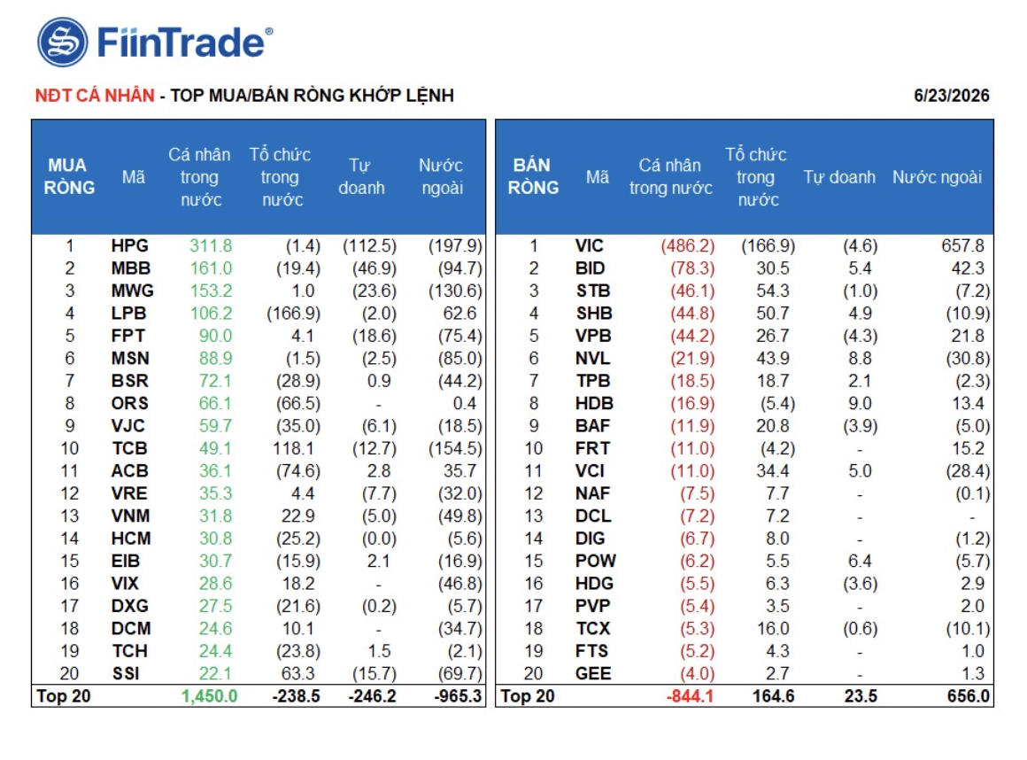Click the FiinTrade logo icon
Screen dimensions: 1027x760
(62, 42)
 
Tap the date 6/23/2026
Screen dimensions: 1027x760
(951, 96)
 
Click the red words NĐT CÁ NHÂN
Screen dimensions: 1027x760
(95, 96)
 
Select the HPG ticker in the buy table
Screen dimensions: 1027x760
(129, 245)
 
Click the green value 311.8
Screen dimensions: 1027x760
(210, 245)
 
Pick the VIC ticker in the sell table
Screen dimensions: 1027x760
(589, 245)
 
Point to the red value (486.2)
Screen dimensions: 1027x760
(688, 245)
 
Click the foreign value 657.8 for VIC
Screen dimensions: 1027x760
(963, 245)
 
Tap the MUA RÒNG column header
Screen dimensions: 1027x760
(69, 176)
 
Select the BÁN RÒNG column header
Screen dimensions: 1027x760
(533, 176)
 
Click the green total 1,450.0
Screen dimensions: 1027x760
(209, 696)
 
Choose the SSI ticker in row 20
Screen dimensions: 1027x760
(125, 673)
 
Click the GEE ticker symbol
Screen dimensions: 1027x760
(593, 673)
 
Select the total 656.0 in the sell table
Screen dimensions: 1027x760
(968, 696)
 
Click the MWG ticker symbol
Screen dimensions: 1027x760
(132, 291)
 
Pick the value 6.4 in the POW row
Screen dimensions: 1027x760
(860, 561)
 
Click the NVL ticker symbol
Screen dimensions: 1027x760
(592, 359)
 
